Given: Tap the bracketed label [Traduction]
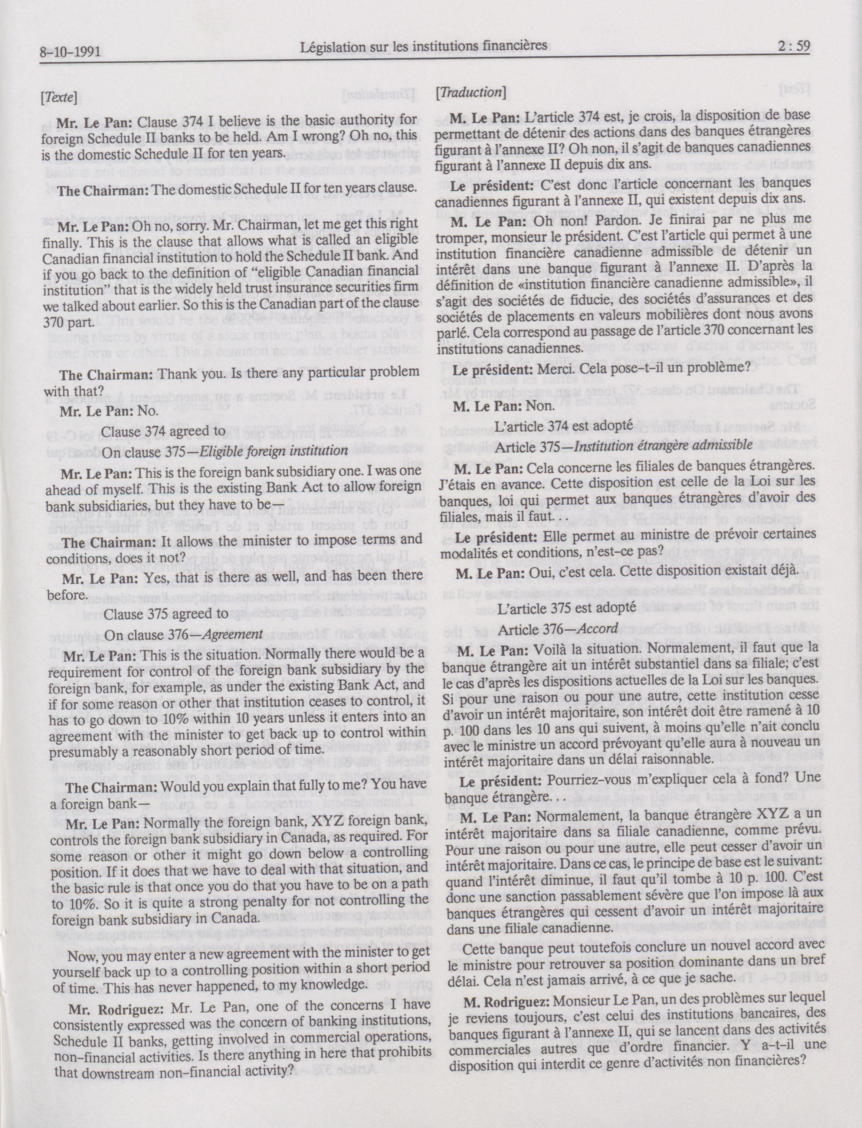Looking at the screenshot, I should [471, 92].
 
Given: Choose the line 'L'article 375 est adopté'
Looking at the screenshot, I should [567, 606].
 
